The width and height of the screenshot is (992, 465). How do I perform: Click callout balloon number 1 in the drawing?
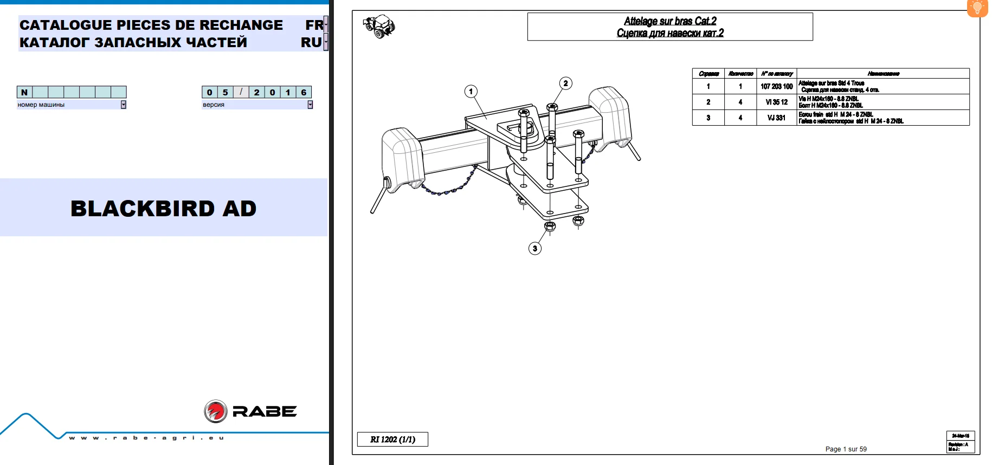coord(471,92)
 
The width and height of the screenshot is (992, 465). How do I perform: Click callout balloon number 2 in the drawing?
coord(565,83)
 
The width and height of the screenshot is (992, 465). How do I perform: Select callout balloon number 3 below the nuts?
coord(535,248)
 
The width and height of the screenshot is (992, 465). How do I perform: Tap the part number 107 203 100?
coord(776,86)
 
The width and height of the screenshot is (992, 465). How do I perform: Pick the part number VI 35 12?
coord(776,102)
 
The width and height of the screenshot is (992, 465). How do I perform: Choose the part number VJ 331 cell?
coord(776,118)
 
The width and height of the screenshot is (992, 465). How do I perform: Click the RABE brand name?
coord(265,412)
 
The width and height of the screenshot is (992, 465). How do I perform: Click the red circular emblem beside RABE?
coord(215,411)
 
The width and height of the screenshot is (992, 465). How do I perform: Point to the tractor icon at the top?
coord(379,25)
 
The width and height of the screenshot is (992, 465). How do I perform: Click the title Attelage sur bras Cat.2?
coord(670,21)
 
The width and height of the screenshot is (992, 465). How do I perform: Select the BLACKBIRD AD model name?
coord(163,209)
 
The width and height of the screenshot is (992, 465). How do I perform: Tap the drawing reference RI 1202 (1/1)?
coord(392,440)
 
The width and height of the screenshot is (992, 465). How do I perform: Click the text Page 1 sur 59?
coord(846,449)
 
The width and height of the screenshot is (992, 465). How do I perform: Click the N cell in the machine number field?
coord(24,92)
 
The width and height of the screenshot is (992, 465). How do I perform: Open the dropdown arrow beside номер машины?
coord(124,105)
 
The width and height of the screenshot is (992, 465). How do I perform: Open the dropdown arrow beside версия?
coord(310,105)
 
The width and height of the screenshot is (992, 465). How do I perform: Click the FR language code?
coord(314,25)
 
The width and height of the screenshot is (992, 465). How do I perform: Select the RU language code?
coord(312,42)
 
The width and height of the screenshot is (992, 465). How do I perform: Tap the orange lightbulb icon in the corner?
coord(977,8)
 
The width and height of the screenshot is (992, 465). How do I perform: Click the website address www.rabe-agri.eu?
coord(146,438)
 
